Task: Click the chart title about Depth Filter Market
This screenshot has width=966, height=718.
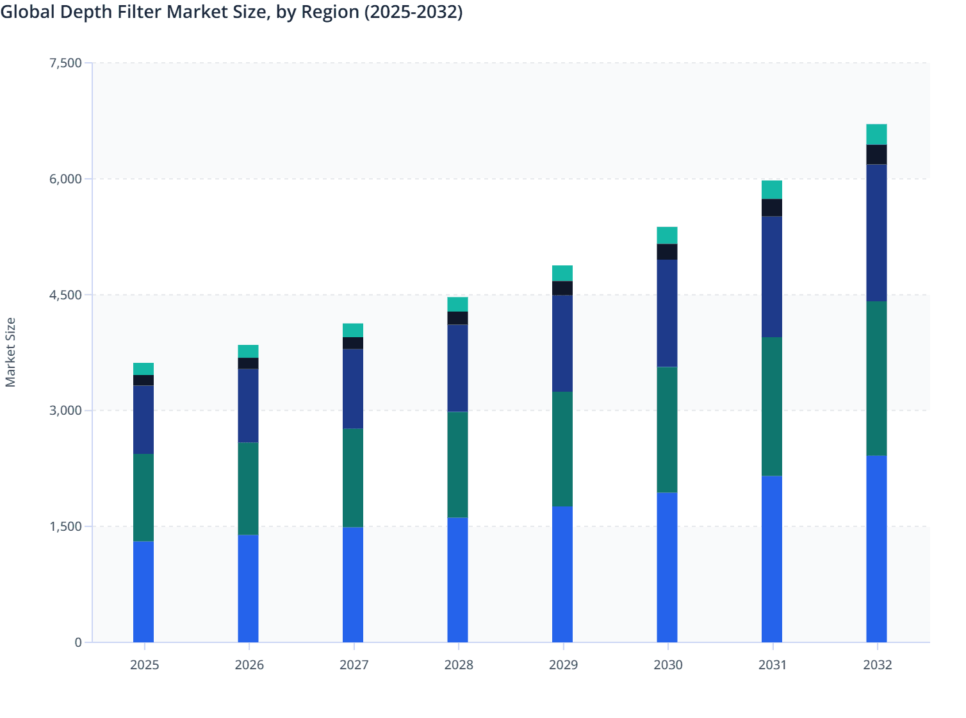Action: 231,12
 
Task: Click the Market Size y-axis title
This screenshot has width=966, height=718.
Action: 10,352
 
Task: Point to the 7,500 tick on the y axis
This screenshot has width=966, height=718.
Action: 65,63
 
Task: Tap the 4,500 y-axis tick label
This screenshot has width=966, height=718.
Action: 65,295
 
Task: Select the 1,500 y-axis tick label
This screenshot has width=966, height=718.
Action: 65,526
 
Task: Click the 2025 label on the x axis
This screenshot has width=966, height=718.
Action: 144,665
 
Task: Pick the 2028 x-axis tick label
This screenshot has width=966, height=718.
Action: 458,665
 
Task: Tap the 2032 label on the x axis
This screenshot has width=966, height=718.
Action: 877,665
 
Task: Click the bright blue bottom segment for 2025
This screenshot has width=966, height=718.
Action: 143,592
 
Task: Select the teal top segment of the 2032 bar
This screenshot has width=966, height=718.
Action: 876,134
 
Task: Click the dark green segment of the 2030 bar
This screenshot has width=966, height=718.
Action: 667,430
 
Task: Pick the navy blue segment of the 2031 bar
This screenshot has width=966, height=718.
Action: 772,277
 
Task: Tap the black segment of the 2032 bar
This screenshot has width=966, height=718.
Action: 876,154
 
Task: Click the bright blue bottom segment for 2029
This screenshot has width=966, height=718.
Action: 562,574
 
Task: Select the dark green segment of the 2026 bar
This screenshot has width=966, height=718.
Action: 248,488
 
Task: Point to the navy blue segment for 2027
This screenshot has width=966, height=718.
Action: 353,388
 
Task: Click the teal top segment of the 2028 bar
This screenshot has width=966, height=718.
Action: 457,304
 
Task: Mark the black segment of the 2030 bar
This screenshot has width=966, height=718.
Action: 667,252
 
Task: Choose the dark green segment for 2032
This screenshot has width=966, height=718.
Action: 876,378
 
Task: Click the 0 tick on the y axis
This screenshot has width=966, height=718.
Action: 78,642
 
